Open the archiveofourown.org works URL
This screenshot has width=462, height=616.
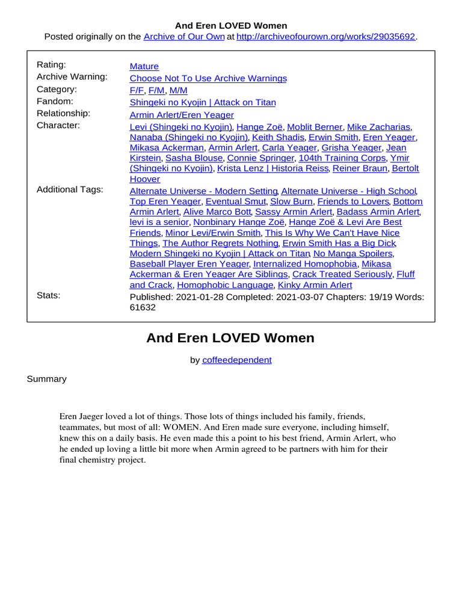point(326,37)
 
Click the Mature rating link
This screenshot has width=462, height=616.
point(144,66)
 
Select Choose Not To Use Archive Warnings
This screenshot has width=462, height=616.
point(208,78)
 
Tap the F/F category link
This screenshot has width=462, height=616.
point(137,90)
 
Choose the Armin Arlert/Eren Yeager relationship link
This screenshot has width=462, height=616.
point(182,115)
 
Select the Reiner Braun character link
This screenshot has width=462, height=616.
point(360,168)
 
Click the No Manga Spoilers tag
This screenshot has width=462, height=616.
point(353,254)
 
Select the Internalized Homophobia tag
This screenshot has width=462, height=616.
point(305,264)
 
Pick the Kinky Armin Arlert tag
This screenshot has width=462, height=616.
point(315,285)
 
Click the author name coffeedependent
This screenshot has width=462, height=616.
point(236,360)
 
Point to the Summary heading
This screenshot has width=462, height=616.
point(46,379)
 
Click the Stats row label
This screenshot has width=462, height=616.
point(48,295)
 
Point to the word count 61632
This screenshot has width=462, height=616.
point(143,307)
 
